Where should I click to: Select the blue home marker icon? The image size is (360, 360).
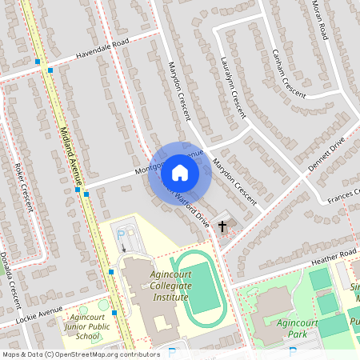[180, 173]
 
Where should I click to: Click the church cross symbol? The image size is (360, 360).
[223, 226]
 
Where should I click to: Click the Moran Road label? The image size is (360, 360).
[321, 20]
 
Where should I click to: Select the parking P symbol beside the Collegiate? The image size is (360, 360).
[122, 235]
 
